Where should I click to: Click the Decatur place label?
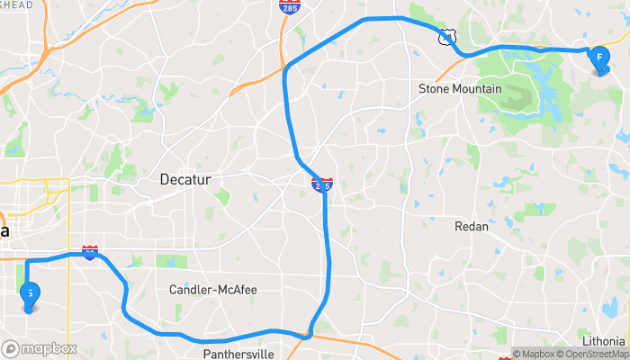pyautogui.click(x=184, y=179)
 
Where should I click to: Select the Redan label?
pyautogui.click(x=472, y=226)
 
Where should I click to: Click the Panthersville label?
pyautogui.click(x=238, y=353)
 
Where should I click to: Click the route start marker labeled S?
pyautogui.click(x=30, y=294)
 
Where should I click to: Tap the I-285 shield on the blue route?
pyautogui.click(x=322, y=185)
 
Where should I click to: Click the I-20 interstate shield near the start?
pyautogui.click(x=90, y=253)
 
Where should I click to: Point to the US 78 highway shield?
pyautogui.click(x=447, y=37)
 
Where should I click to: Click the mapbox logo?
pyautogui.click(x=40, y=348)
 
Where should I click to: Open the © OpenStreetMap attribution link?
pyautogui.click(x=593, y=354)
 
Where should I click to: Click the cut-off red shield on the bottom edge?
pyautogui.click(x=505, y=356)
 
